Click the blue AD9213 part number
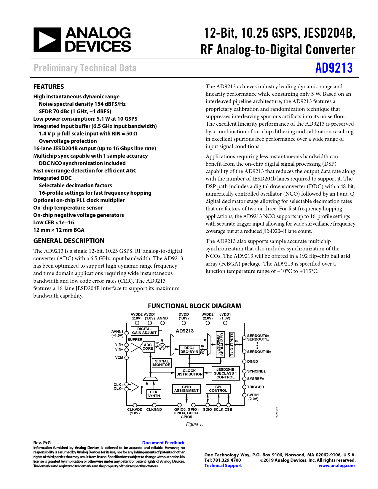coord(334,68)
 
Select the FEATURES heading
coord(49,87)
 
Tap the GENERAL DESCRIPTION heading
coord(69,241)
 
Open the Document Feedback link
coord(163,443)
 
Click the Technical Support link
coord(223,466)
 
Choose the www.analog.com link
coord(336,466)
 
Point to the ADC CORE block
coord(148,347)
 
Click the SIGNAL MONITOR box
coord(162,363)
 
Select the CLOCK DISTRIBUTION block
coord(189,373)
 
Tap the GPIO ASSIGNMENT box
coord(186,389)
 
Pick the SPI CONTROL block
coord(218,389)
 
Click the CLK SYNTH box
coord(154,394)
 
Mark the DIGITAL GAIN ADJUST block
coord(144,331)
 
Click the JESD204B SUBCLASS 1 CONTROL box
coord(225,373)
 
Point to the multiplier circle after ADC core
coord(162,346)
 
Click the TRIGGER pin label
coord(255,387)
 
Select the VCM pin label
coord(119,358)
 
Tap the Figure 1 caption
coord(194,424)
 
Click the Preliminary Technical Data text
coord(85,68)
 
